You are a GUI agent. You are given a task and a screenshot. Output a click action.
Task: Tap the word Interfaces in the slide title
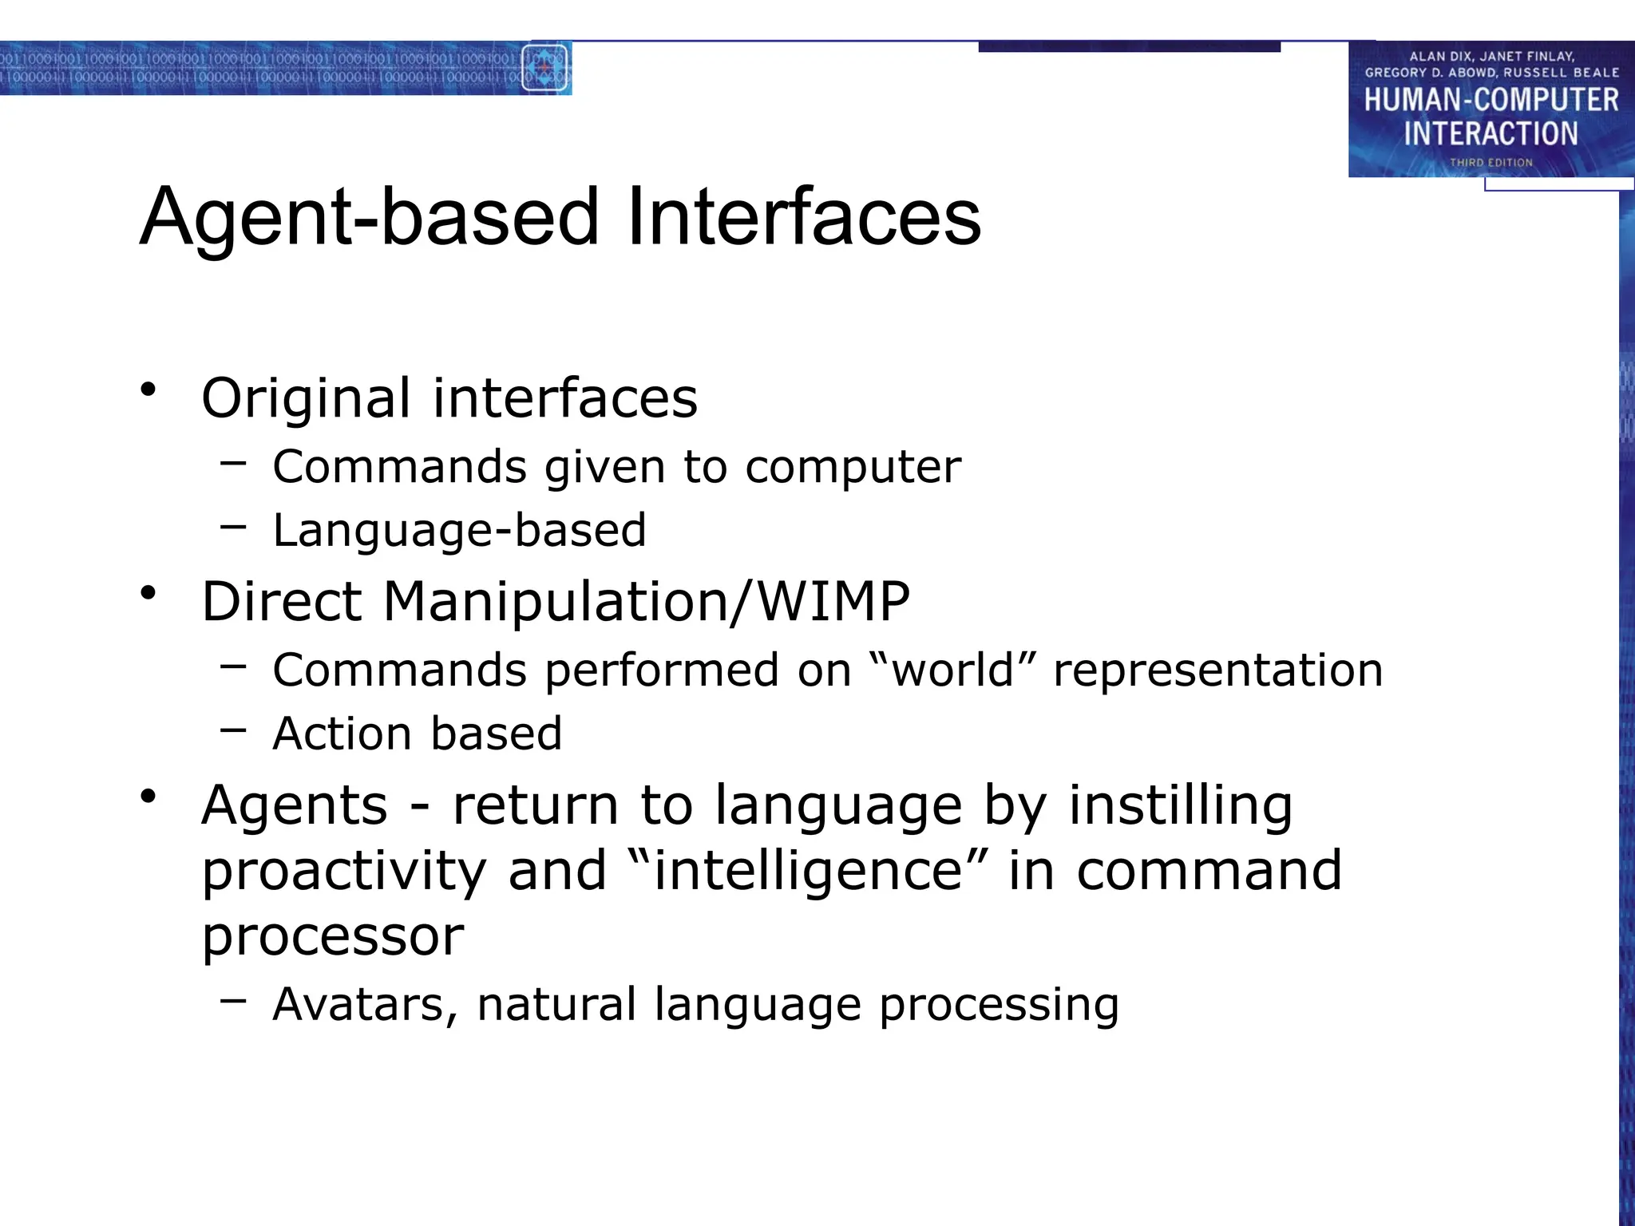pyautogui.click(x=804, y=217)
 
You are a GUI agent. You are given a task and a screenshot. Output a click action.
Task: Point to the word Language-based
pyautogui.click(x=459, y=531)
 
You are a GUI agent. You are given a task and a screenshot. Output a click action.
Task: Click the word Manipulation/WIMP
pyautogui.click(x=646, y=602)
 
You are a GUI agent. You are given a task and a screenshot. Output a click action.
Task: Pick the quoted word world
pyautogui.click(x=952, y=670)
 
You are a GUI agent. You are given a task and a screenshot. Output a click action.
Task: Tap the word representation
pyautogui.click(x=1217, y=671)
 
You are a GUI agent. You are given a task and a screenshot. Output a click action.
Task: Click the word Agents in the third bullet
pyautogui.click(x=295, y=806)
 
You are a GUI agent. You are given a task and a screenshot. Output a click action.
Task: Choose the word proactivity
pyautogui.click(x=344, y=872)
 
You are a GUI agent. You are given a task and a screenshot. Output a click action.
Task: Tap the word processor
pyautogui.click(x=332, y=937)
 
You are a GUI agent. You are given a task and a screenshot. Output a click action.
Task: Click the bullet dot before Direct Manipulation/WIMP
pyautogui.click(x=148, y=593)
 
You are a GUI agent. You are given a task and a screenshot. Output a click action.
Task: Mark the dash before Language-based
pyautogui.click(x=233, y=526)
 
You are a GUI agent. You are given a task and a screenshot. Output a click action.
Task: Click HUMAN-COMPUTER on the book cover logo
pyautogui.click(x=1491, y=101)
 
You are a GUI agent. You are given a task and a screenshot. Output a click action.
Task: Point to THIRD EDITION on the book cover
pyautogui.click(x=1491, y=163)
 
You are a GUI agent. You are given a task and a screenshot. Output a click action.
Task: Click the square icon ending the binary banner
pyautogui.click(x=544, y=69)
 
